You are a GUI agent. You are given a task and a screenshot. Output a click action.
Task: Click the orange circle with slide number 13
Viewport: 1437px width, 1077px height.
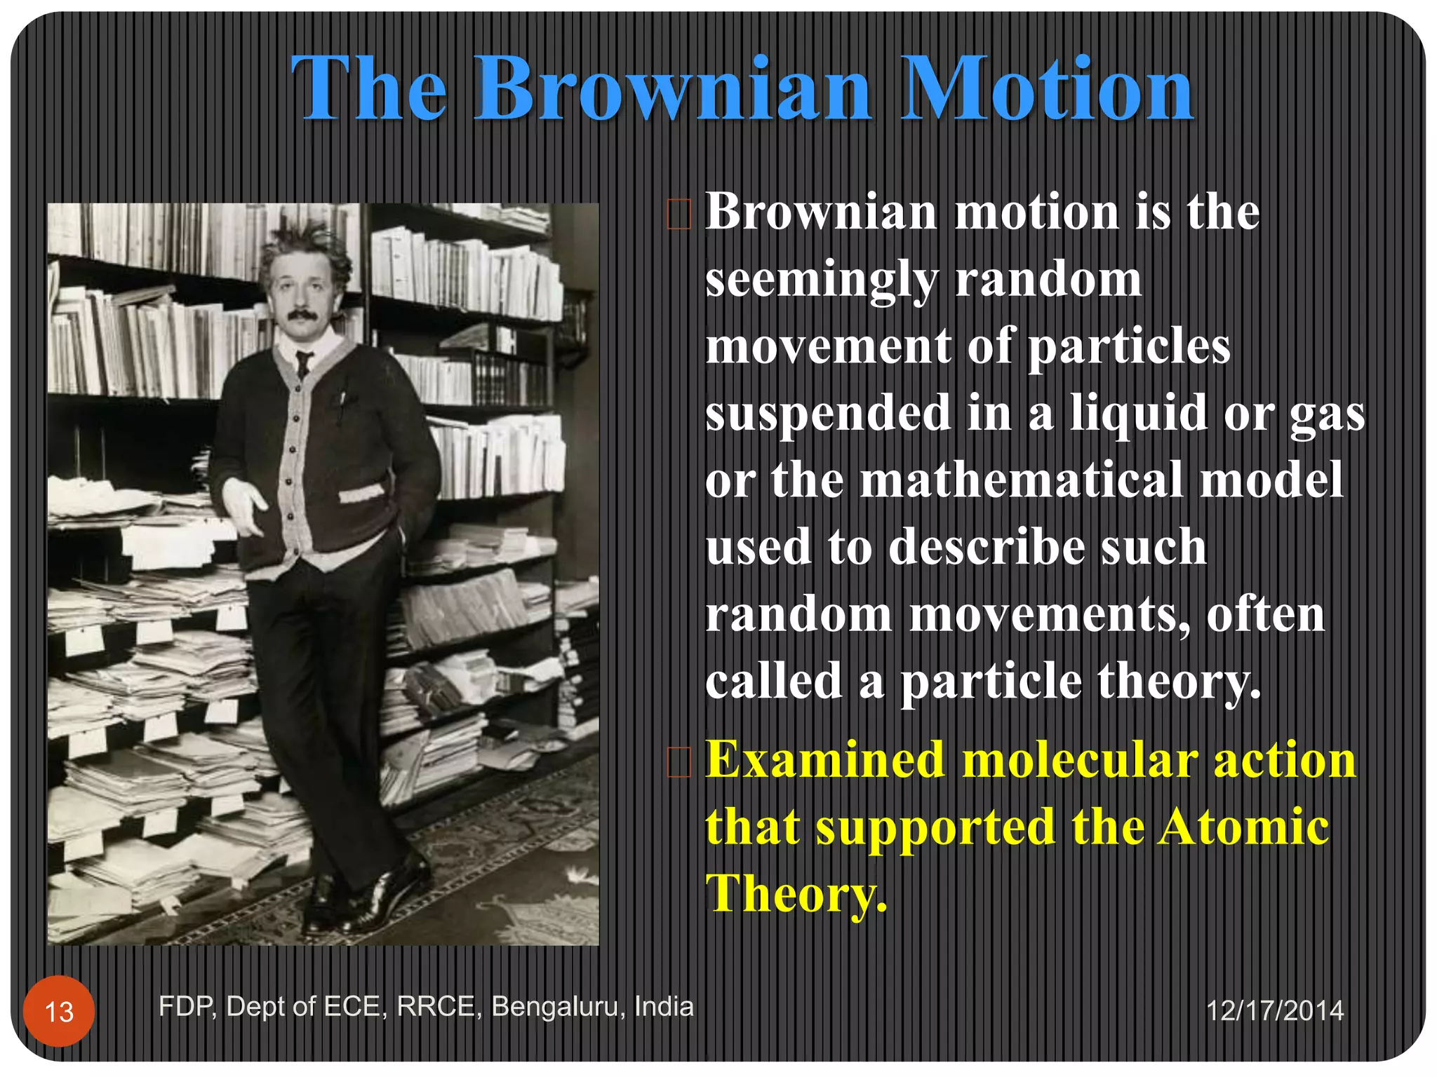pyautogui.click(x=59, y=1011)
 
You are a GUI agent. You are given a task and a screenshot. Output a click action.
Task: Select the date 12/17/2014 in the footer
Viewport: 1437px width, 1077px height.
pyautogui.click(x=1275, y=1010)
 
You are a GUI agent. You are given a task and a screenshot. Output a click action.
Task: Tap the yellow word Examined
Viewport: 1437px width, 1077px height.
pyautogui.click(x=824, y=760)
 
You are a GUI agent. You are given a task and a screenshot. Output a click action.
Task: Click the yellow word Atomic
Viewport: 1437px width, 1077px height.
pyautogui.click(x=1243, y=827)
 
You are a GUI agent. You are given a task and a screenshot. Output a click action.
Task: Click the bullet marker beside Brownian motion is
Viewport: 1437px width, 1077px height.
pyautogui.click(x=679, y=215)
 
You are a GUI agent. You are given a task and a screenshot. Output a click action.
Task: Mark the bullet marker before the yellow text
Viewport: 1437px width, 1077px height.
pyautogui.click(x=679, y=762)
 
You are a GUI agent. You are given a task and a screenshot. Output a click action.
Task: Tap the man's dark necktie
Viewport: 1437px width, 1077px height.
pyautogui.click(x=303, y=363)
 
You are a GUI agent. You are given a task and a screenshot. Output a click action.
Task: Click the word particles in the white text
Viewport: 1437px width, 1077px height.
pyautogui.click(x=1128, y=347)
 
